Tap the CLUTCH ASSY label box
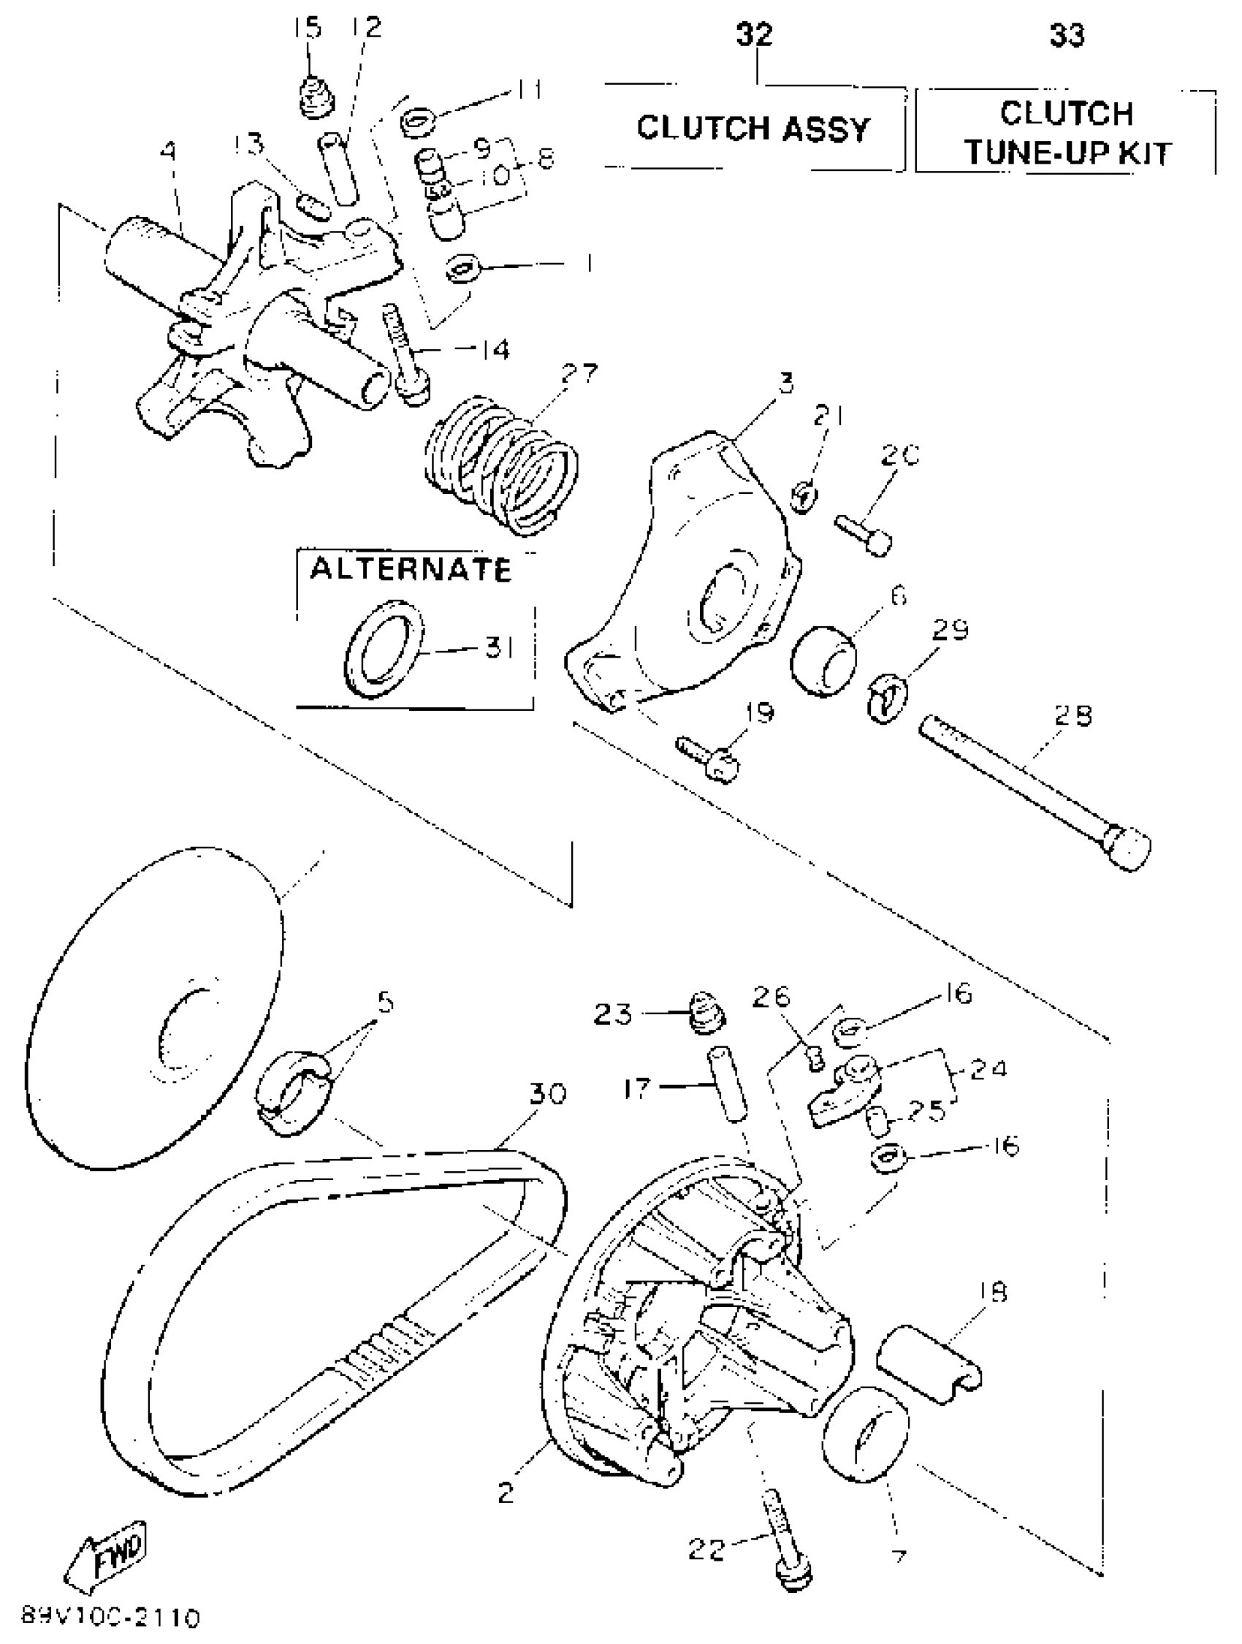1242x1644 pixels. click(753, 129)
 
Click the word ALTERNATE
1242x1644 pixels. click(411, 569)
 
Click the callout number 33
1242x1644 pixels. click(1066, 35)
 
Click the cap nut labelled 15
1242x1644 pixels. click(315, 96)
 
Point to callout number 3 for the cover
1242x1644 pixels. click(785, 383)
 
